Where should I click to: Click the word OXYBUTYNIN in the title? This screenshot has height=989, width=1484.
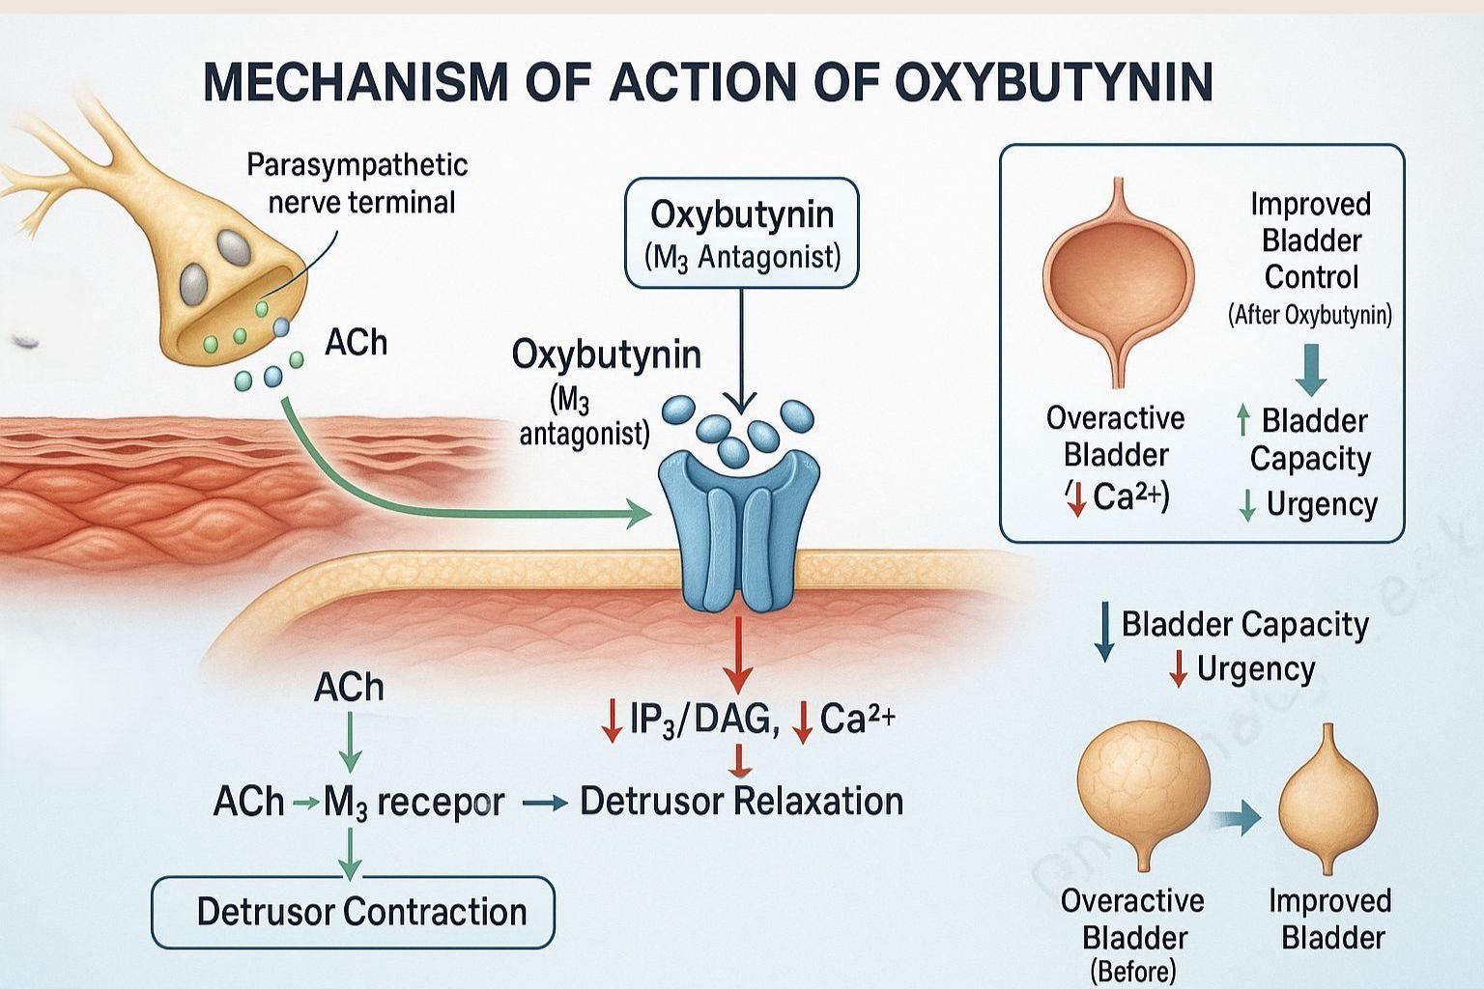click(1054, 81)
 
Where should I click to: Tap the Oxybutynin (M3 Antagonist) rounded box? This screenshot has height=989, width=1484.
click(742, 233)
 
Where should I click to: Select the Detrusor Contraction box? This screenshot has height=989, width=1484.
click(354, 912)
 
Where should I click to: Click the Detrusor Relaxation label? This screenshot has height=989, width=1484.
click(741, 802)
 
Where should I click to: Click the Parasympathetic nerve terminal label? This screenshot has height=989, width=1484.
click(357, 184)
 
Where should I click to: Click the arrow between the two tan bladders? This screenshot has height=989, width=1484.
click(1239, 819)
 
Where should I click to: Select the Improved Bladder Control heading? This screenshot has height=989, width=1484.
click(1311, 240)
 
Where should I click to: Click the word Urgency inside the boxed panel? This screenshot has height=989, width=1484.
click(1322, 504)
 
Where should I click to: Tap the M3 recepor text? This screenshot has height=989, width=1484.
click(414, 803)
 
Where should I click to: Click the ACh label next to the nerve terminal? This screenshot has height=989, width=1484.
click(356, 343)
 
